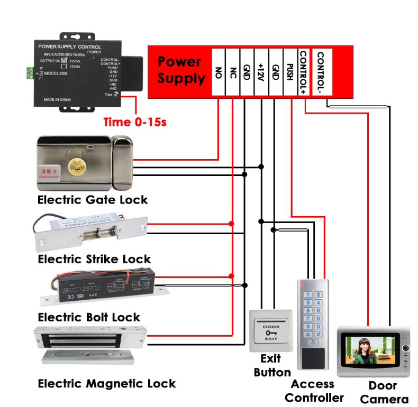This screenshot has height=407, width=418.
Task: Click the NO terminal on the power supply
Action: (x=219, y=72)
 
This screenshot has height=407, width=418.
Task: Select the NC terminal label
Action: (x=233, y=72)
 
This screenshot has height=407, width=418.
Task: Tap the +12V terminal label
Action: (x=261, y=72)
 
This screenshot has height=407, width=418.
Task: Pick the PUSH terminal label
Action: (x=289, y=72)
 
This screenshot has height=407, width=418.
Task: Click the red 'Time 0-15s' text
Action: (x=135, y=122)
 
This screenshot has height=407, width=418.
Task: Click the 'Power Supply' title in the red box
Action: (x=181, y=70)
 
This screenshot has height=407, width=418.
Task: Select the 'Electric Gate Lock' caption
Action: (x=93, y=200)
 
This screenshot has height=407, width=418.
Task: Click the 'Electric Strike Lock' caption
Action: (x=94, y=259)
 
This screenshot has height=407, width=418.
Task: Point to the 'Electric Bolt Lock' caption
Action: (x=89, y=317)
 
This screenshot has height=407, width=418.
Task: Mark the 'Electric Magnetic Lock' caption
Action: (x=106, y=383)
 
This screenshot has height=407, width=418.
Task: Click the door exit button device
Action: (x=271, y=331)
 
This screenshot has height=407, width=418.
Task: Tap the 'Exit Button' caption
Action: (x=271, y=365)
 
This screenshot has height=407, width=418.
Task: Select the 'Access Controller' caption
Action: (x=313, y=391)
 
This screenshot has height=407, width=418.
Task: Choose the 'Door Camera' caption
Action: (x=384, y=392)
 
